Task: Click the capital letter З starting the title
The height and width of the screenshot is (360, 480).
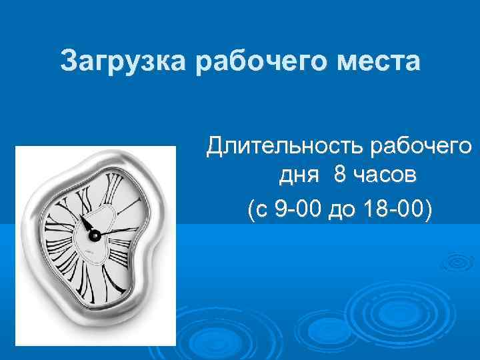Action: pyautogui.click(x=68, y=61)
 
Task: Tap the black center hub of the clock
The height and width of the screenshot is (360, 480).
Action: pyautogui.click(x=94, y=235)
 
